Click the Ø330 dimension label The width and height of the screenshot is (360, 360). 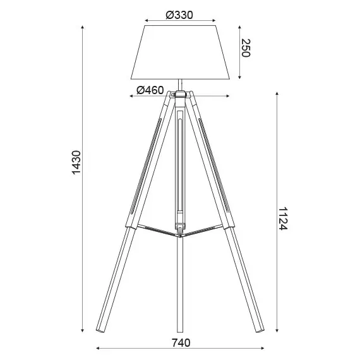tap(181, 15)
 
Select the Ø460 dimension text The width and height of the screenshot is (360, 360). tap(150, 90)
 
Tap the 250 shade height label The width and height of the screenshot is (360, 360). tap(246, 48)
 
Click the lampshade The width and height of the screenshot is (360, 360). tap(181, 52)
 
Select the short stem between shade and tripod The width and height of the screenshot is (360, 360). tap(181, 83)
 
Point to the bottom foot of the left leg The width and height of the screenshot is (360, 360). tap(100, 327)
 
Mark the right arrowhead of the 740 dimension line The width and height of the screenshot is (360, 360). tap(263, 349)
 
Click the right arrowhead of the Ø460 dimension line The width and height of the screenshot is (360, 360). tap(228, 97)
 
